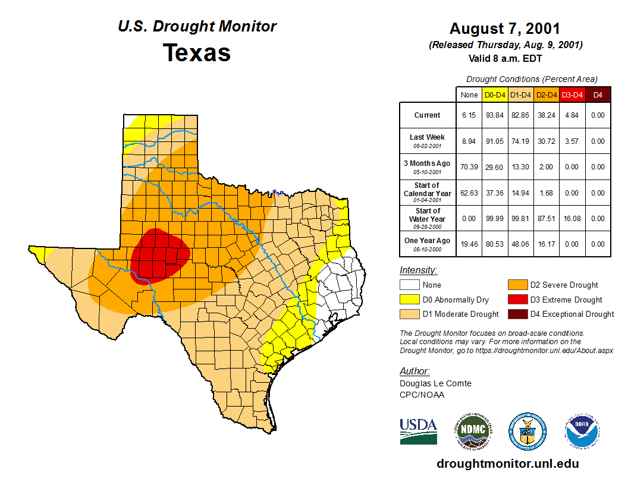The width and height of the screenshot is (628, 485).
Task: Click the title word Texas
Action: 197,53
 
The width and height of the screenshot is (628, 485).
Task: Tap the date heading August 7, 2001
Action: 505,29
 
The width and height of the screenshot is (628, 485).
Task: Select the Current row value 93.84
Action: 495,115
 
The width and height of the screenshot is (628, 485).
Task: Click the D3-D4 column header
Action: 572,95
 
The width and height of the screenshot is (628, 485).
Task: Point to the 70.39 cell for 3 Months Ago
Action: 469,167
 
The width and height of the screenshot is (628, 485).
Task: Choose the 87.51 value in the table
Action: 547,219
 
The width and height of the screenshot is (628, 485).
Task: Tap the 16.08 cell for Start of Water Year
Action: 572,219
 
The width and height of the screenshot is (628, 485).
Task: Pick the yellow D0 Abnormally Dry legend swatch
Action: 409,300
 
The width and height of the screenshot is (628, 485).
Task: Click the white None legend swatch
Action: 409,285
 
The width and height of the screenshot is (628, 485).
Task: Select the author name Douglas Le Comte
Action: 435,383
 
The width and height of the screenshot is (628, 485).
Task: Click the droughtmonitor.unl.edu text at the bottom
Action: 507,464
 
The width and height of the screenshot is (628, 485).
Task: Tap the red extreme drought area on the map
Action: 159,254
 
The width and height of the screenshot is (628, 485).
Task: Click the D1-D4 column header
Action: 520,95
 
